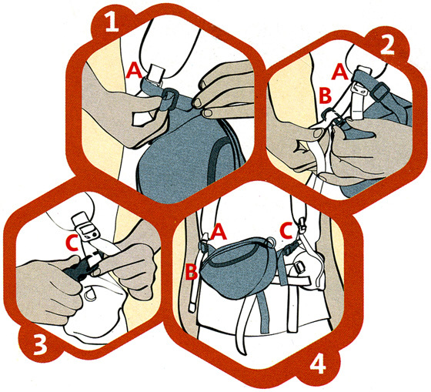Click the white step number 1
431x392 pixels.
[112, 24]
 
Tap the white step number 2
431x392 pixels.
[387, 47]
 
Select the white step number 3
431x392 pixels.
[40, 345]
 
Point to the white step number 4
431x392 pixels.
[318, 364]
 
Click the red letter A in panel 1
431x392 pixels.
[134, 71]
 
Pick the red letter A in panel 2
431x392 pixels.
[339, 72]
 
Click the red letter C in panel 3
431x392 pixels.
[72, 243]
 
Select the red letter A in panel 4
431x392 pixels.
[219, 232]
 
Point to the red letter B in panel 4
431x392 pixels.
[191, 272]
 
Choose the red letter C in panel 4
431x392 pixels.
[286, 231]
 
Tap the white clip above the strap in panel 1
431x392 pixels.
[156, 73]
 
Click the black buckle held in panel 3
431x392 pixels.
[82, 265]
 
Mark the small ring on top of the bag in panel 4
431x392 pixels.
[271, 241]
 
